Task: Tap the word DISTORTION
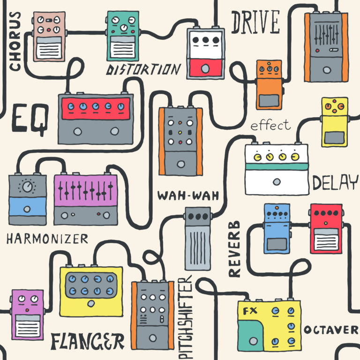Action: click(143, 70)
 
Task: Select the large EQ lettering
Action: click(29, 119)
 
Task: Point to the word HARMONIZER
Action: click(47, 239)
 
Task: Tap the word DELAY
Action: click(335, 183)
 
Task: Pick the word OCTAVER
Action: click(330, 330)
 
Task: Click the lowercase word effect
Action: click(270, 126)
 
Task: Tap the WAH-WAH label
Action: click(188, 195)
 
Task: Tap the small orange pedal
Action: click(269, 84)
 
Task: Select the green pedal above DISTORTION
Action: click(123, 36)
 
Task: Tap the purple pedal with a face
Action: click(27, 314)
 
